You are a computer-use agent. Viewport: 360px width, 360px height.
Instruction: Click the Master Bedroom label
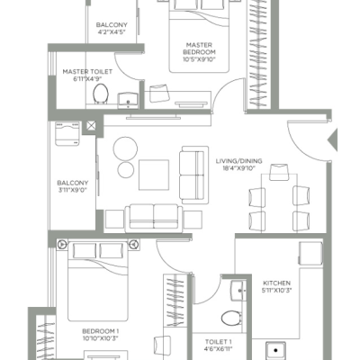coord(199,49)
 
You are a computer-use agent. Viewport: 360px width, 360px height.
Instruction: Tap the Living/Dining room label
coord(238,161)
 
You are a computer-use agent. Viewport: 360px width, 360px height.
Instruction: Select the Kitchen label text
coord(276,283)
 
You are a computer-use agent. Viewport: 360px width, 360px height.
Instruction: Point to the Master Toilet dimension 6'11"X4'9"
coord(87,79)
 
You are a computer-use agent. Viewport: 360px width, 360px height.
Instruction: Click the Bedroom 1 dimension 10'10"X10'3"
coord(101,338)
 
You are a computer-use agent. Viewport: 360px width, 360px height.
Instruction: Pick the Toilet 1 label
coord(219,342)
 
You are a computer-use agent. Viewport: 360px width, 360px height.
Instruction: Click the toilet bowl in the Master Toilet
coord(101,94)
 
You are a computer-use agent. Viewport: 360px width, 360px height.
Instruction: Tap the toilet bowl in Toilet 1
coord(231,318)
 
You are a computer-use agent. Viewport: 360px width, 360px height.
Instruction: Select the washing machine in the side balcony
coord(67,133)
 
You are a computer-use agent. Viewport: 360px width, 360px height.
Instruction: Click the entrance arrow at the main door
coord(333,139)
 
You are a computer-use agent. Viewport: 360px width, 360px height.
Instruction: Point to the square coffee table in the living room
coord(154,175)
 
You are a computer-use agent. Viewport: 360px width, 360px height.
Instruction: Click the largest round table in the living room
coord(125,148)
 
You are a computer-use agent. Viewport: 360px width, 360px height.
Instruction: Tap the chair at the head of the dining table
coord(279,172)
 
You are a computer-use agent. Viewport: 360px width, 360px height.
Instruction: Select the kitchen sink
coord(275,350)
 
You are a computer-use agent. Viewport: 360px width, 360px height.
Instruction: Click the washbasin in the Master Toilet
coord(128,101)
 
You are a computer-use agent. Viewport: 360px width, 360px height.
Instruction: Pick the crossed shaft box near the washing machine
coord(90,126)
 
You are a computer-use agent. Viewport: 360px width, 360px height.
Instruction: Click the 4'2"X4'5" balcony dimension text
coord(112,31)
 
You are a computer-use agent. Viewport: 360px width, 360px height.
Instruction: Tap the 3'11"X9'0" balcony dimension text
coord(73,190)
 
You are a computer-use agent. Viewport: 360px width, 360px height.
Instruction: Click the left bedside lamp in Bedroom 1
coord(62,245)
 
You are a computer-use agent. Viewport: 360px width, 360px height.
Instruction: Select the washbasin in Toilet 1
coord(238,291)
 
